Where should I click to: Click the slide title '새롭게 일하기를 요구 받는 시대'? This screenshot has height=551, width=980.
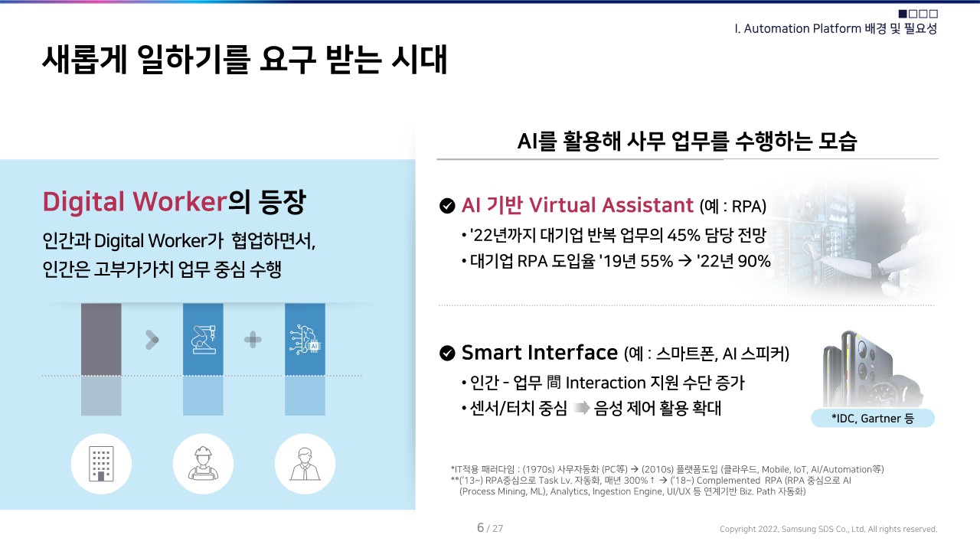pyautogui.click(x=244, y=60)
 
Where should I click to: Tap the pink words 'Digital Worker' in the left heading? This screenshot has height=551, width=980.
pyautogui.click(x=135, y=201)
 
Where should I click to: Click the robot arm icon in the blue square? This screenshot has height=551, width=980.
pyautogui.click(x=203, y=339)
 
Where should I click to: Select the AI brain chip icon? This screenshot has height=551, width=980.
pyautogui.click(x=305, y=339)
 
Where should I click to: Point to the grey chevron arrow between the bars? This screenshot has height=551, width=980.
pyautogui.click(x=152, y=340)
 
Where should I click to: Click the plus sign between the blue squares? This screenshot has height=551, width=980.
pyautogui.click(x=253, y=340)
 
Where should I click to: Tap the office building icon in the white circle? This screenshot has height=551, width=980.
pyautogui.click(x=101, y=464)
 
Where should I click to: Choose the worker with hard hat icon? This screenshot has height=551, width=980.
pyautogui.click(x=203, y=464)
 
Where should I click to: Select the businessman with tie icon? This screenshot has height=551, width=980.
pyautogui.click(x=305, y=464)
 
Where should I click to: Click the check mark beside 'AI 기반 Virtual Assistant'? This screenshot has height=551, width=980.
pyautogui.click(x=447, y=205)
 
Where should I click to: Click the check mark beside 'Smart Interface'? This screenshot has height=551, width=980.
pyautogui.click(x=447, y=353)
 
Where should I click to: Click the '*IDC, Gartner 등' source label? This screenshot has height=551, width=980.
pyautogui.click(x=873, y=419)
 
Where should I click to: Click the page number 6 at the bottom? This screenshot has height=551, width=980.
pyautogui.click(x=480, y=527)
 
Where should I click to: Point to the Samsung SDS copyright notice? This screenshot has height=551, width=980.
pyautogui.click(x=828, y=529)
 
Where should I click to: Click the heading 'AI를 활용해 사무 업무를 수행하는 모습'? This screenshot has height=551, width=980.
pyautogui.click(x=687, y=142)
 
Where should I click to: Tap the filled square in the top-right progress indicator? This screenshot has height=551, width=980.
pyautogui.click(x=903, y=14)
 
